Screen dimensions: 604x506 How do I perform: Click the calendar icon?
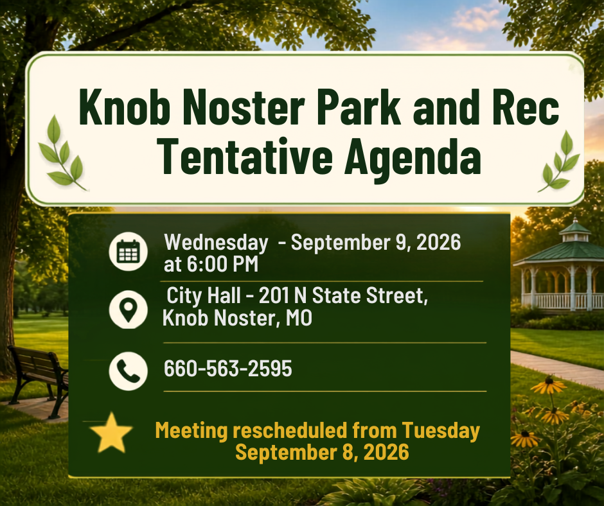click(129, 252)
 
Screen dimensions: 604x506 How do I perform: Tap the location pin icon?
click(129, 310)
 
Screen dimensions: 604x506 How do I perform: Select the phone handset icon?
click(129, 371)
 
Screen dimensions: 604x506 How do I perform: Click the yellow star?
click(111, 433)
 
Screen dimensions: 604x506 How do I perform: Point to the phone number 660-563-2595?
click(227, 368)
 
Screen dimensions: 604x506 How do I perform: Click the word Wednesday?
click(216, 243)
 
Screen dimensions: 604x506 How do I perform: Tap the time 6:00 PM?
click(223, 264)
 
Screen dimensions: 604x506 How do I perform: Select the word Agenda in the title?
click(413, 159)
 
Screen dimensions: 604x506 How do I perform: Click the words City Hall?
click(204, 296)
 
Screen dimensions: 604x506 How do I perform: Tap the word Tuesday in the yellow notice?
click(441, 430)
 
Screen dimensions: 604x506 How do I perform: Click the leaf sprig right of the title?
click(559, 161)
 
